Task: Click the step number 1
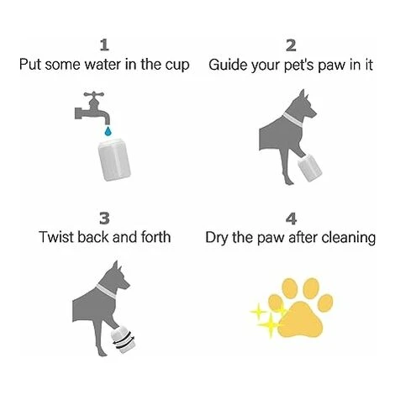point(104,45)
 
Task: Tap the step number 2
point(291,45)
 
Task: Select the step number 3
point(104,219)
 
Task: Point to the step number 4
point(291,219)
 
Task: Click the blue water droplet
point(108,131)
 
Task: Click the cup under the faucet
point(114,161)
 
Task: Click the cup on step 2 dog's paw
point(309,168)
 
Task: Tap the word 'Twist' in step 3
point(56,237)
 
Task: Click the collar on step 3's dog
point(106,291)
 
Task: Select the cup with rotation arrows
point(124,340)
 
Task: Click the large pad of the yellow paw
point(301,320)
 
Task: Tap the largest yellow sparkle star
point(270,325)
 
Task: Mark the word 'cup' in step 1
point(177,66)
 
